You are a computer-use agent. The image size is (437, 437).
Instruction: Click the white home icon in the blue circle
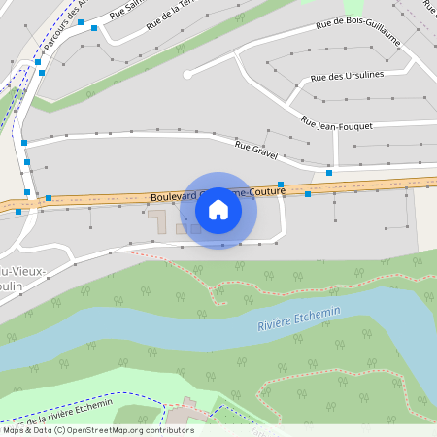(x=218, y=209)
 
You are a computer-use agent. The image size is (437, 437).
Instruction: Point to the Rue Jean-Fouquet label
(x=337, y=124)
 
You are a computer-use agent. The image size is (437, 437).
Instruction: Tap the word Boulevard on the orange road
(x=172, y=197)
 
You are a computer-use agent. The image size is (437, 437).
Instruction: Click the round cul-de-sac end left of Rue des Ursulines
(x=187, y=73)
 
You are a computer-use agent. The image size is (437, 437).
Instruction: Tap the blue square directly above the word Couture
(x=281, y=185)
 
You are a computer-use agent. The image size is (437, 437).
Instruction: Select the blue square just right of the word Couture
(x=308, y=194)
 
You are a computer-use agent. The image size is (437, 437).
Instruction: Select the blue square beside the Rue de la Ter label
(x=94, y=28)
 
